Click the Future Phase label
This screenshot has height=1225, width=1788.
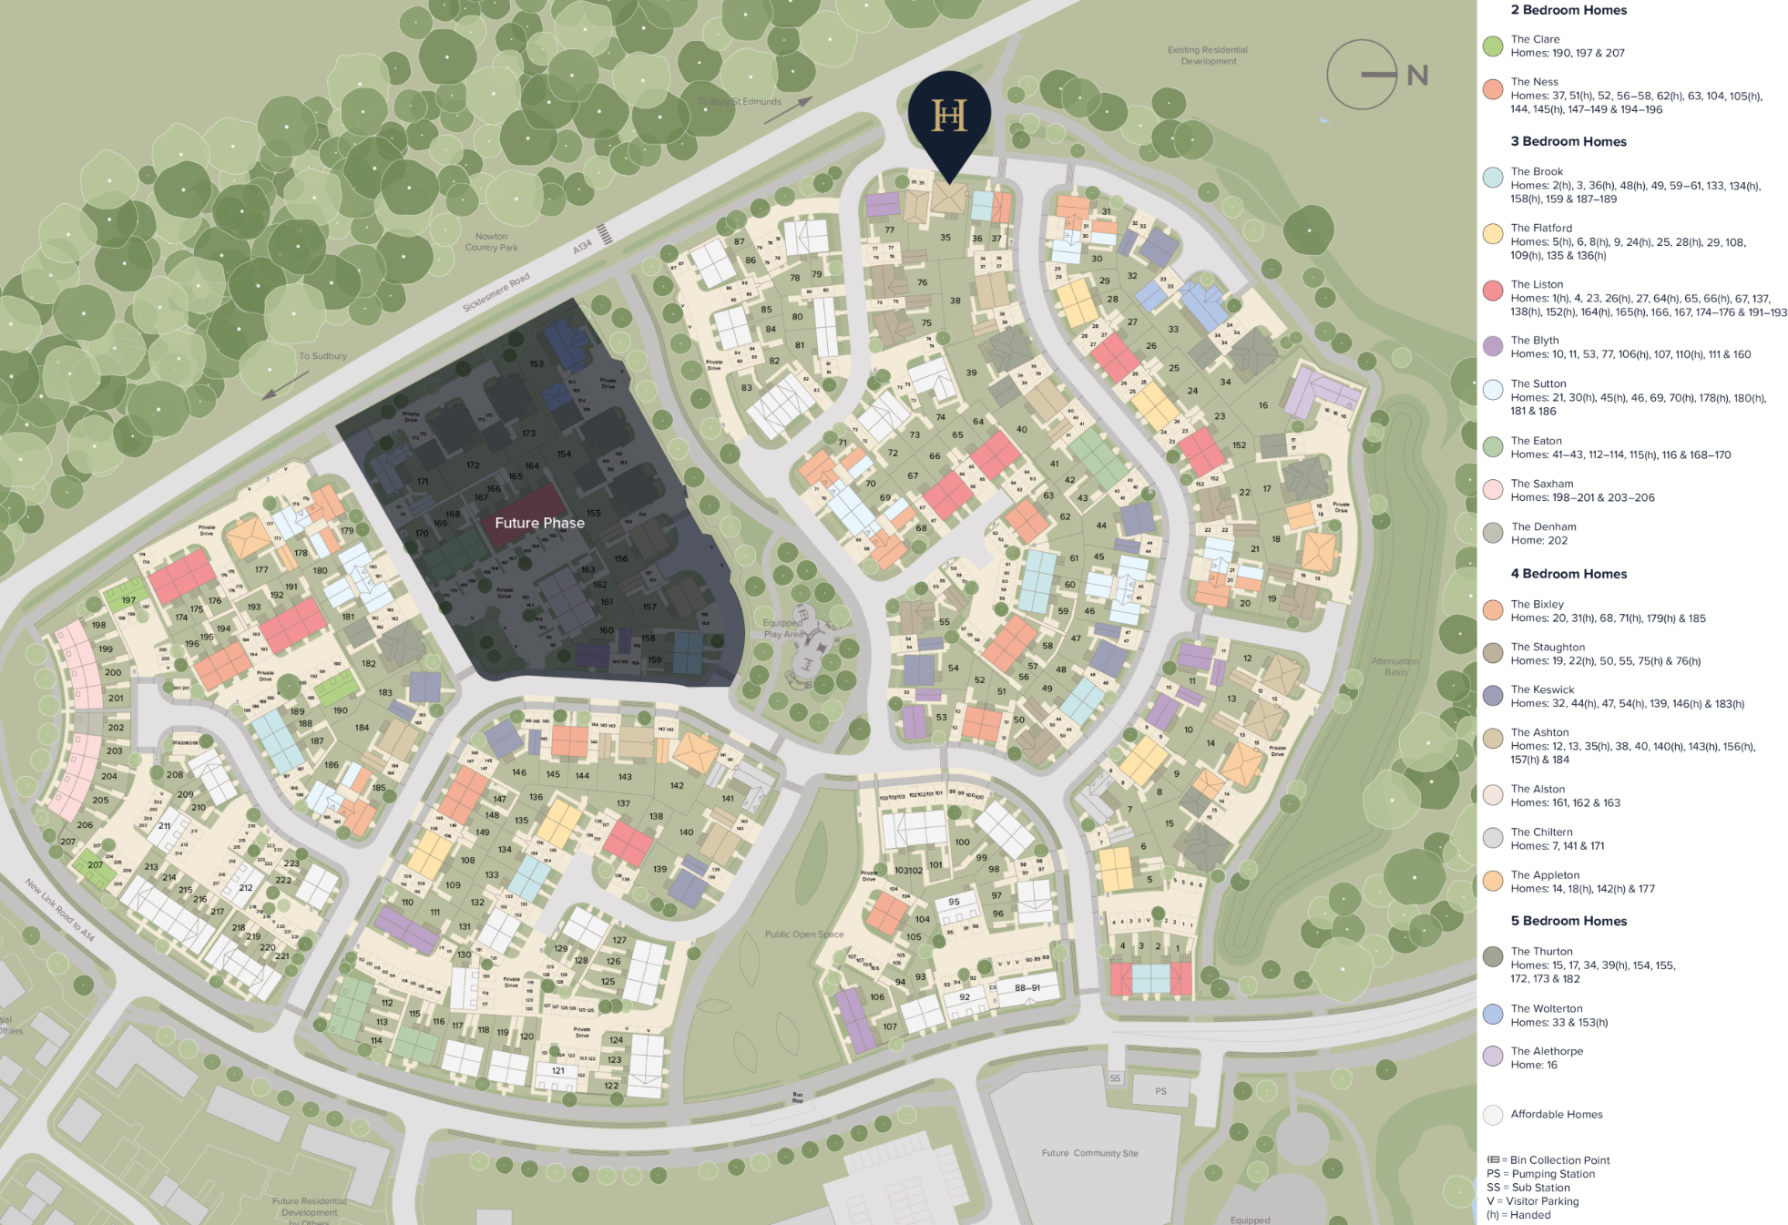click(x=539, y=523)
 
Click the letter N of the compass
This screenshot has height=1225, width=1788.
click(x=1416, y=76)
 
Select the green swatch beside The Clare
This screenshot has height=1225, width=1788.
click(x=1492, y=46)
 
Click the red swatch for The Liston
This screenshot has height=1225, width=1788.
click(x=1492, y=291)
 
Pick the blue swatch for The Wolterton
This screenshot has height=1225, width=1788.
click(x=1492, y=1015)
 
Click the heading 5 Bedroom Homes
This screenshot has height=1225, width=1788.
click(x=1568, y=921)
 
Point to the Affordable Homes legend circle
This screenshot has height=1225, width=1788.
click(x=1492, y=1115)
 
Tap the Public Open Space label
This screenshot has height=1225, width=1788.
click(x=804, y=934)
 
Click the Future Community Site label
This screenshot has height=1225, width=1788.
click(x=1089, y=1153)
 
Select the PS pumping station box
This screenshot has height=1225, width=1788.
click(x=1160, y=1091)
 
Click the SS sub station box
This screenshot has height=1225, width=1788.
click(x=1115, y=1078)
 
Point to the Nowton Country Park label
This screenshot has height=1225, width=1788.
click(x=491, y=242)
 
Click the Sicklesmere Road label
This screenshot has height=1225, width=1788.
click(x=496, y=293)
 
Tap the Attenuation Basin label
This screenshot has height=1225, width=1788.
click(x=1395, y=667)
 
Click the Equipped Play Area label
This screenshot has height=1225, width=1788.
click(x=783, y=628)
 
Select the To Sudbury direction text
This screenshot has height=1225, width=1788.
click(x=322, y=356)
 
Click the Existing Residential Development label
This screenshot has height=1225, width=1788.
click(x=1208, y=56)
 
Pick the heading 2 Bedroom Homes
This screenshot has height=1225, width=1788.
click(x=1568, y=10)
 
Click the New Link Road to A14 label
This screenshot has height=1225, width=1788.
click(x=59, y=910)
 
